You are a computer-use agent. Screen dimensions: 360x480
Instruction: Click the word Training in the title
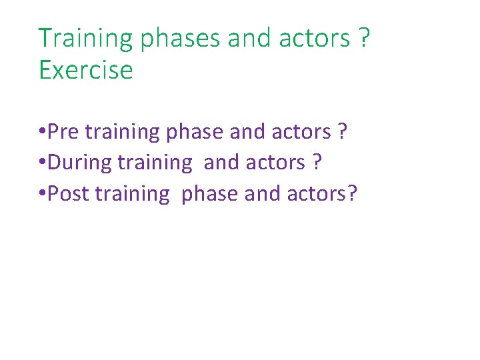pos(86,39)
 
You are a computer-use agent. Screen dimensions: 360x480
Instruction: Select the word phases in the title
pos(180,39)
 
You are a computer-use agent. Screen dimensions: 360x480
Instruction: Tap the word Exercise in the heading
pos(86,70)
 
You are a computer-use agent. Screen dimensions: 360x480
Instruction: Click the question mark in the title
pos(363,38)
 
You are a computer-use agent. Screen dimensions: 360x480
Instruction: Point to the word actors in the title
pos(315,39)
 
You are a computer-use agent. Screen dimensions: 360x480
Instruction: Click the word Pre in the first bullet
pos(63,131)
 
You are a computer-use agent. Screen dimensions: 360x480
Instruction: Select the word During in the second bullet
pos(79,162)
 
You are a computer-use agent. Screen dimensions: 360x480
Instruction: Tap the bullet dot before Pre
pos(43,132)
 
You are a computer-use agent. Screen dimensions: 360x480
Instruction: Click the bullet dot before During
pos(43,163)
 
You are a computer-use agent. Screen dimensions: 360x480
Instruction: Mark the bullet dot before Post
pos(43,194)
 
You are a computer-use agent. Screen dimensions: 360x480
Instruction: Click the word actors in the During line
pos(273,163)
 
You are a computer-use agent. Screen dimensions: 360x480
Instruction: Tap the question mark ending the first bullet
pos(342,131)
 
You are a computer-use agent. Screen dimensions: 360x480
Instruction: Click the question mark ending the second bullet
pos(316,162)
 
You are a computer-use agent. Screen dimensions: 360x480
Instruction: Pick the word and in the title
pos(250,39)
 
